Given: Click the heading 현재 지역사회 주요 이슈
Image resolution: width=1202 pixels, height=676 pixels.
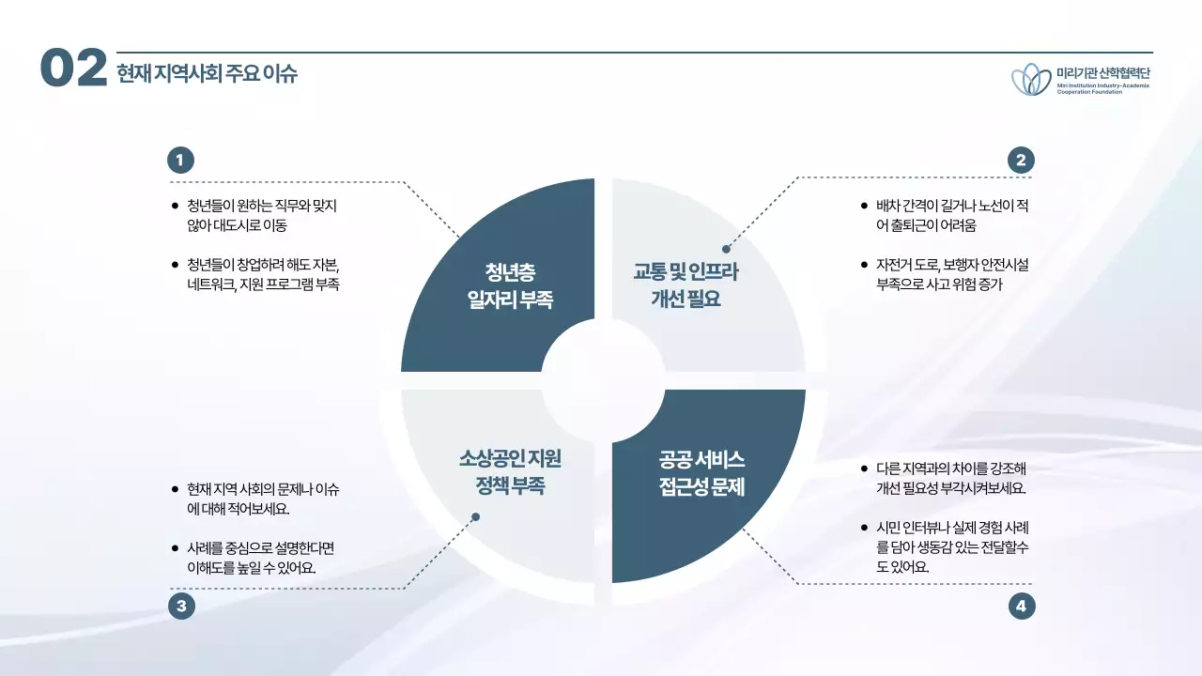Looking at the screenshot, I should [x=207, y=73].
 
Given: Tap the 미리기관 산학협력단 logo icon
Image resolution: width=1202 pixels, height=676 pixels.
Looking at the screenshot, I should [x=1031, y=80].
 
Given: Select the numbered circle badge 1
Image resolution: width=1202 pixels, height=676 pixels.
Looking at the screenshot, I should [x=180, y=161].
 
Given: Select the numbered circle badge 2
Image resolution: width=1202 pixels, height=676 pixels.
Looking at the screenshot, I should [x=1021, y=161].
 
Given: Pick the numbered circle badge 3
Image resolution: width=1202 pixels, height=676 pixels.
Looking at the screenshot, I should [x=180, y=607].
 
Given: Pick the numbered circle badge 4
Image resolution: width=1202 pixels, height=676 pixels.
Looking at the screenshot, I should [x=1021, y=607].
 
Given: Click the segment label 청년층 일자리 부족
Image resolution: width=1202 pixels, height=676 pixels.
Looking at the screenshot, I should [x=510, y=286].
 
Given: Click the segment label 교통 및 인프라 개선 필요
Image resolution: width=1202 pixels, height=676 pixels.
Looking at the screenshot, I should [x=686, y=286].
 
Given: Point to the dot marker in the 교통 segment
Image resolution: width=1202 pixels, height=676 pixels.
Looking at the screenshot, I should [x=726, y=249].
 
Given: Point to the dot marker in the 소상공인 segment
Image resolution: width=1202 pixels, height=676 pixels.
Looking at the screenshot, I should [x=475, y=516].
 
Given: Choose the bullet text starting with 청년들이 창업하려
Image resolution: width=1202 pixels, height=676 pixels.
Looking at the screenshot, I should [x=262, y=274].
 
